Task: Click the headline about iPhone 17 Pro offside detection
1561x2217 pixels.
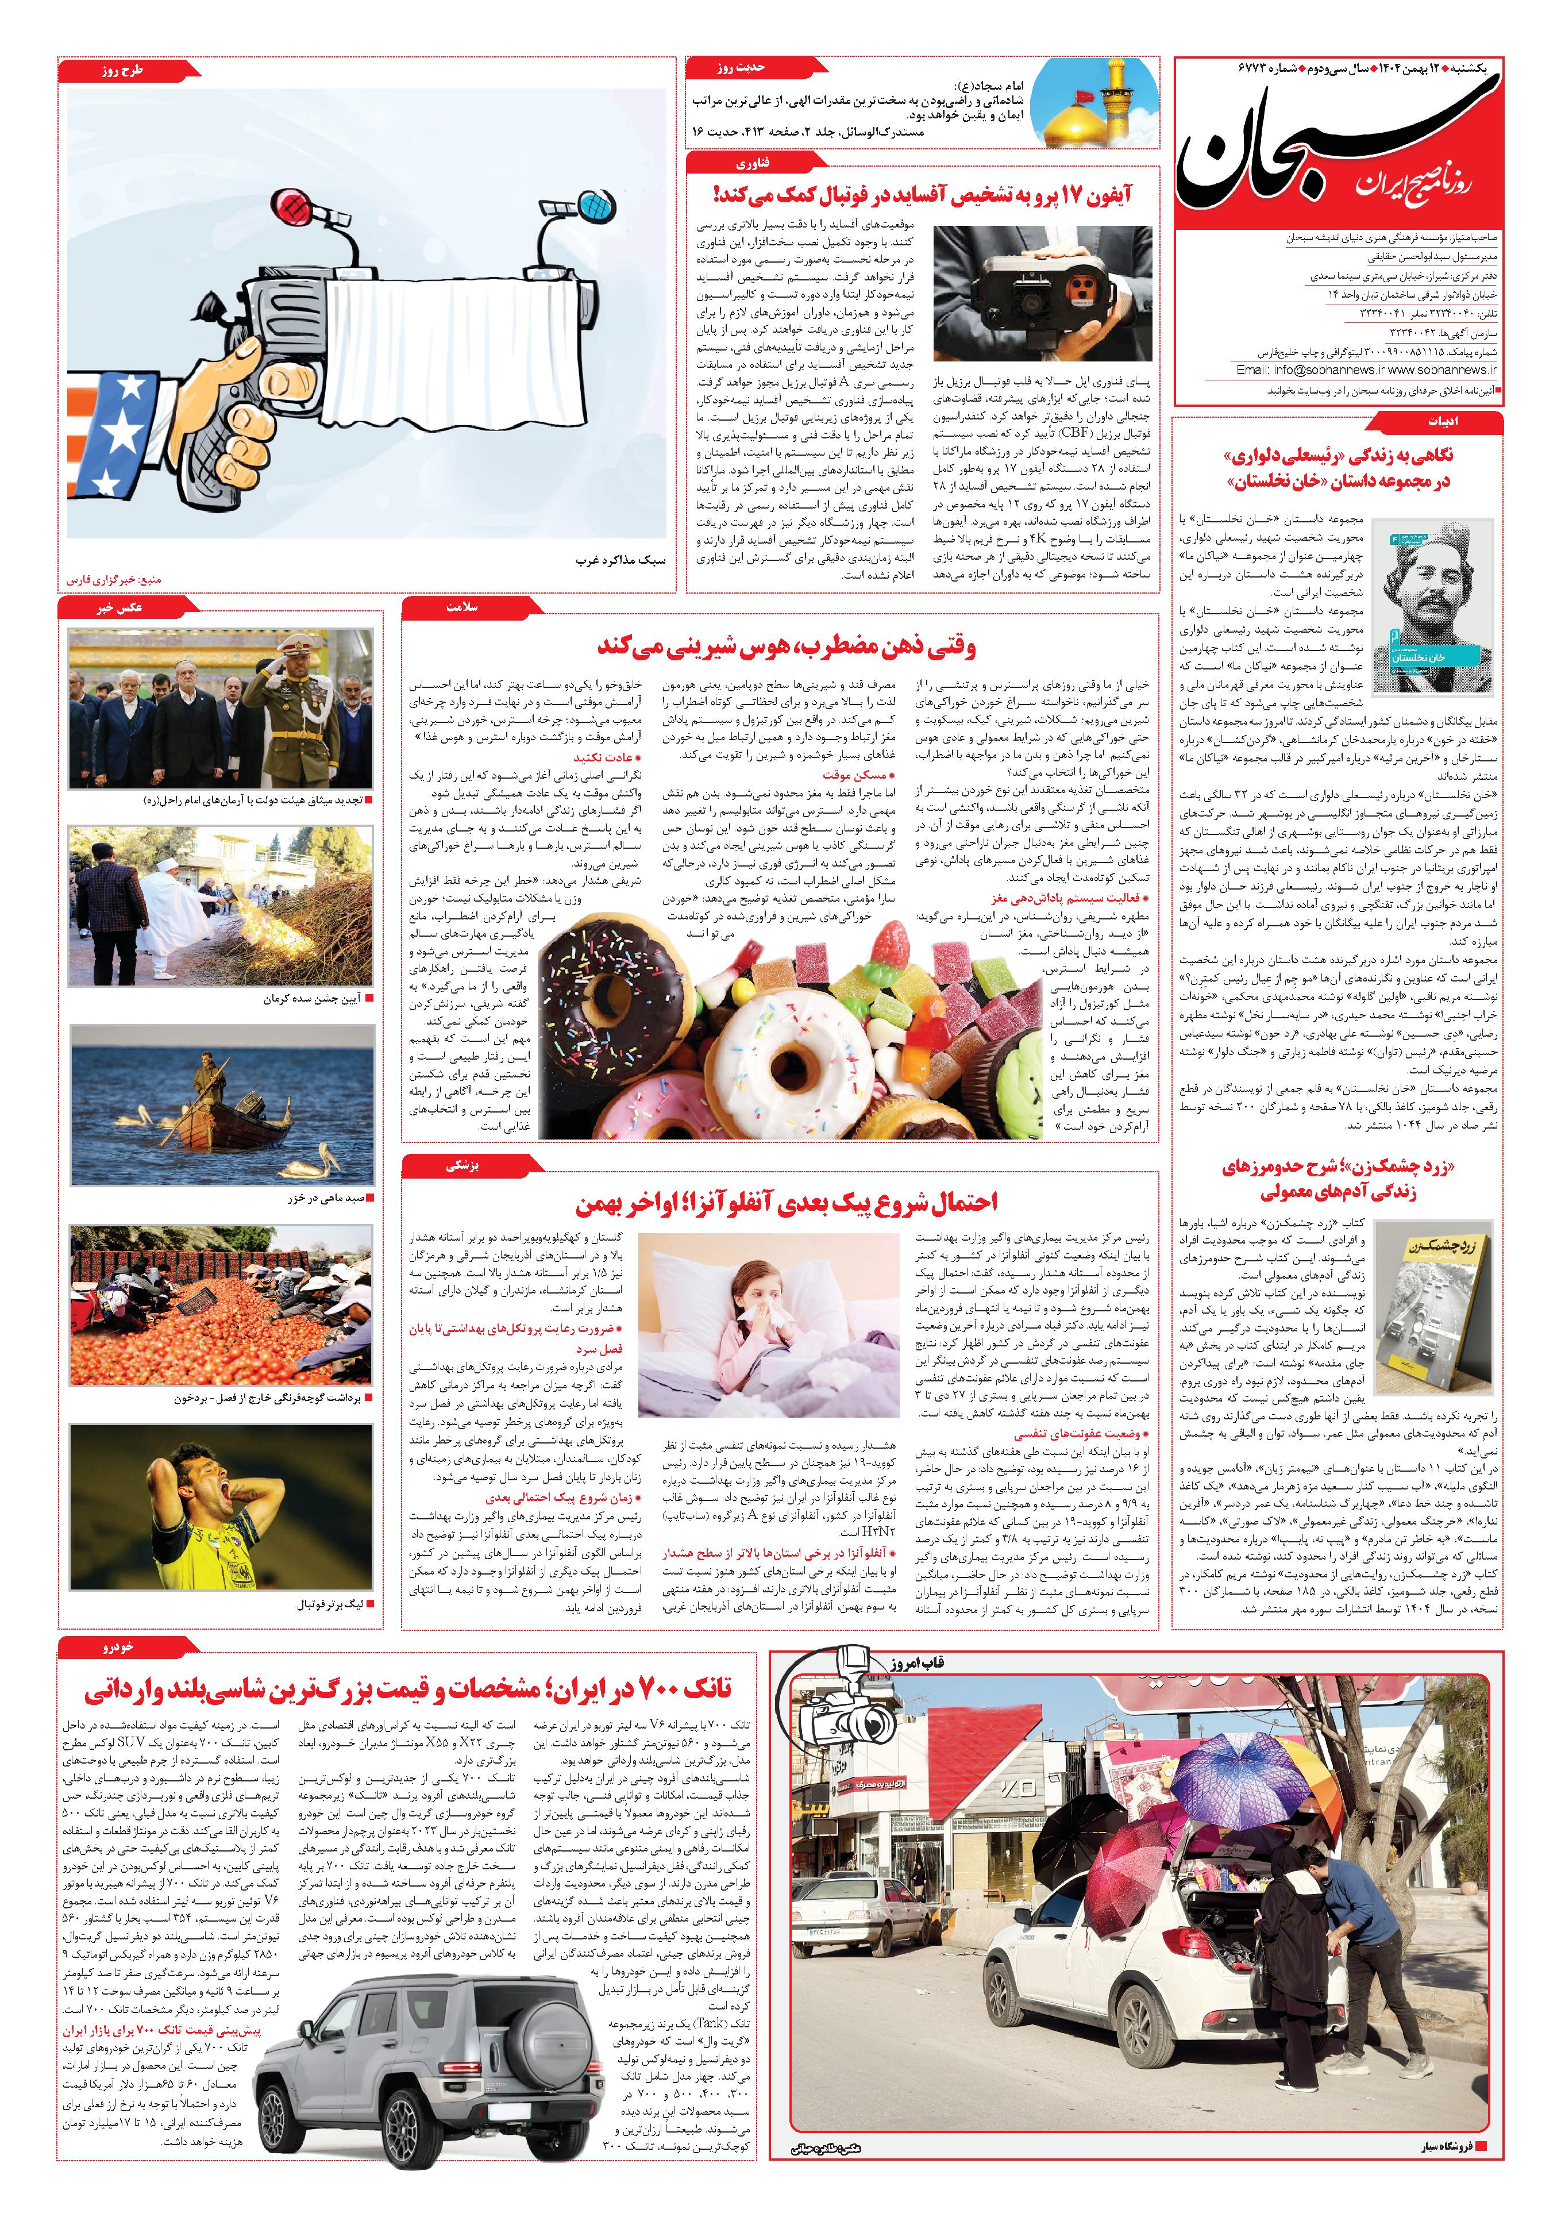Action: pos(922,195)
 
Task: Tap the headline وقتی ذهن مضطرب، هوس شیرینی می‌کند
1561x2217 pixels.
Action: pos(786,644)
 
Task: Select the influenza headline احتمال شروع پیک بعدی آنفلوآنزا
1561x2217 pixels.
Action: pos(786,1202)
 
